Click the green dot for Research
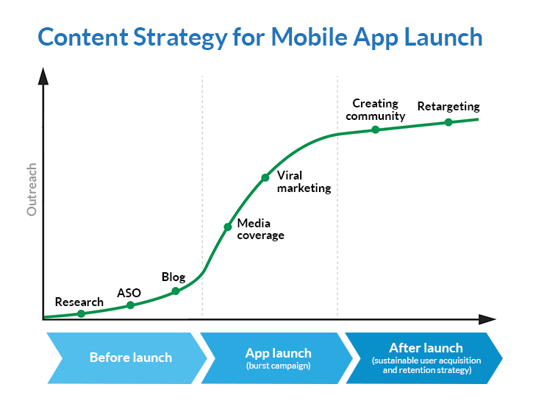81,313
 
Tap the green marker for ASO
130,305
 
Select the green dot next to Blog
176,291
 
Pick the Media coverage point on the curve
228,227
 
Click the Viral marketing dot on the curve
265,177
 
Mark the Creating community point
375,129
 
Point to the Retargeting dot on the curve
448,122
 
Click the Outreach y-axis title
32,190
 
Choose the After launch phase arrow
426,358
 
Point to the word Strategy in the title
178,38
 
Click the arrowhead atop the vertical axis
43,75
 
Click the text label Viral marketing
304,182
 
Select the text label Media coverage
260,230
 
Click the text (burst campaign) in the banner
278,366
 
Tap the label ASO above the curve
129,293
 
